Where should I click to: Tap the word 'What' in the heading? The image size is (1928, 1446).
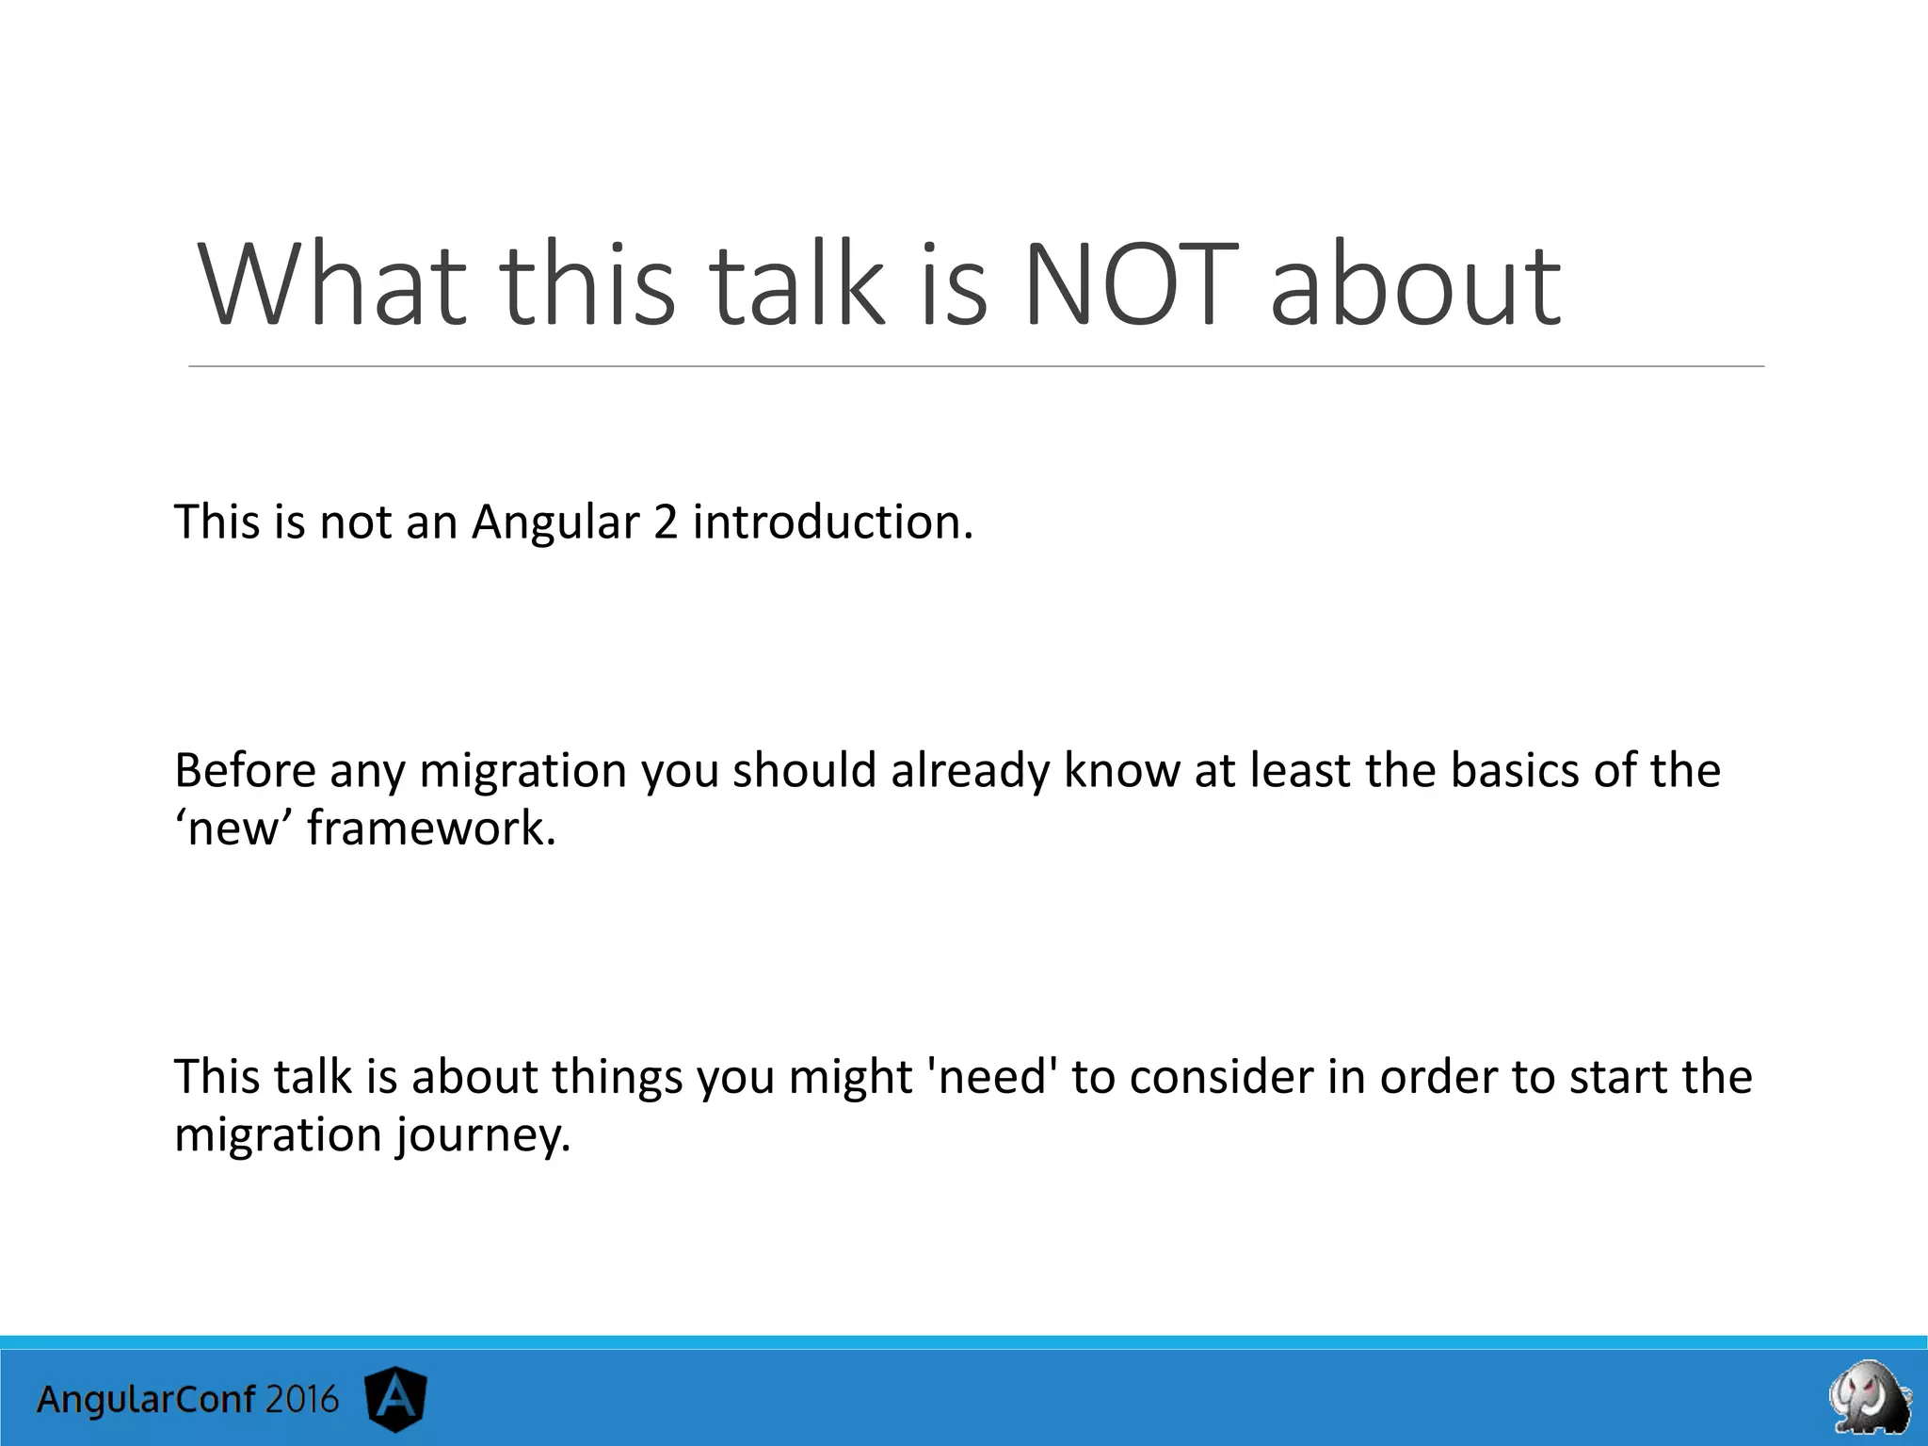[331, 284]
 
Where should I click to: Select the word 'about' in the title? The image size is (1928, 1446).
[1416, 284]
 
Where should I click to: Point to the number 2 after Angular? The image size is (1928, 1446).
[665, 522]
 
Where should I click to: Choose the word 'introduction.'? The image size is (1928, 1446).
[832, 522]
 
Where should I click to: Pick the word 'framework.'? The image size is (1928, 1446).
[431, 829]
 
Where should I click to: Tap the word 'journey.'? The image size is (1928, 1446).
[483, 1135]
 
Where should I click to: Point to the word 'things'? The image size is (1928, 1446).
[616, 1077]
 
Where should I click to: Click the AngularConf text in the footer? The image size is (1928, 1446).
[146, 1400]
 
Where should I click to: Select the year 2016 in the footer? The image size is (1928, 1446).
[301, 1400]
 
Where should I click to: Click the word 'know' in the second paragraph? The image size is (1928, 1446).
[1121, 771]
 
